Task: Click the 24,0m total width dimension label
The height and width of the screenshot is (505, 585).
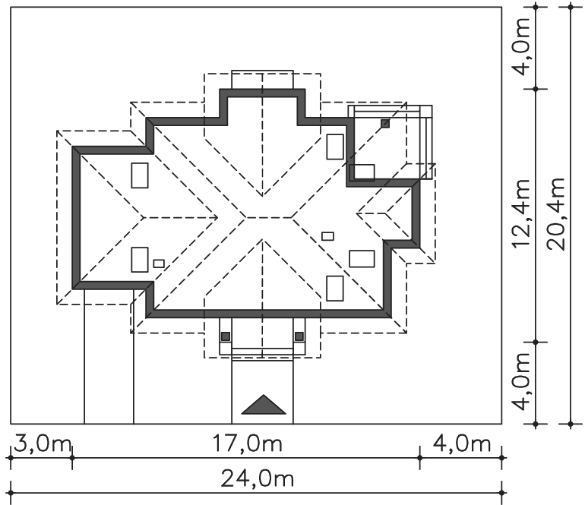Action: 257,479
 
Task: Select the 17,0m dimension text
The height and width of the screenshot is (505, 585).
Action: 247,443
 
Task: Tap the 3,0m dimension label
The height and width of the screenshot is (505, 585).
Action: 43,443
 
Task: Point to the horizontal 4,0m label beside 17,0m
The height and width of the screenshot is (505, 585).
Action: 462,443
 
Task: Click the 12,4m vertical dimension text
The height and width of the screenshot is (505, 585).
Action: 521,213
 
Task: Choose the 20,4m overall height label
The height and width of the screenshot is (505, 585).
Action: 556,213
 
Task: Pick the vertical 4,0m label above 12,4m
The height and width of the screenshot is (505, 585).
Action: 521,46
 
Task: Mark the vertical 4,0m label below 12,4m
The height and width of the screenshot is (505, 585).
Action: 521,381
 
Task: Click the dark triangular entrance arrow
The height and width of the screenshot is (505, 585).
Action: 264,405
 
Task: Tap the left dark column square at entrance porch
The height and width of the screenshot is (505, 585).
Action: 226,336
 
